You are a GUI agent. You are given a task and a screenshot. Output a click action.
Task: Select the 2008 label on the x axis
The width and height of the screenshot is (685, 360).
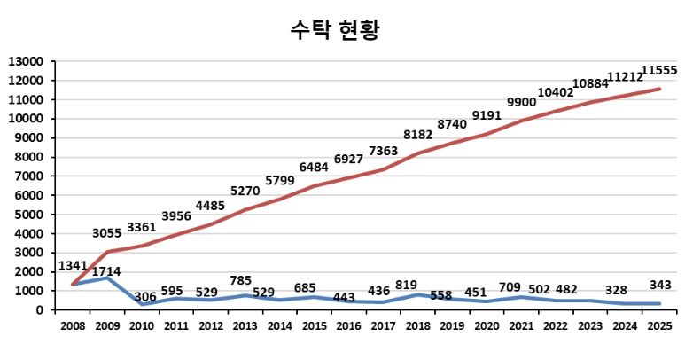(x=73, y=326)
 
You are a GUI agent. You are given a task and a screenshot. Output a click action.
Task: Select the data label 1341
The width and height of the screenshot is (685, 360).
(x=74, y=266)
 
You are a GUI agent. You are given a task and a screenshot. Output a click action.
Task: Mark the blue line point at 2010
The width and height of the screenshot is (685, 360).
(x=141, y=304)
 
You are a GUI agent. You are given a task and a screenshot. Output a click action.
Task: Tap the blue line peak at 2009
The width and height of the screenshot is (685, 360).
(x=107, y=278)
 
